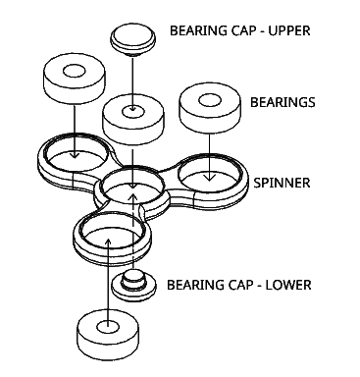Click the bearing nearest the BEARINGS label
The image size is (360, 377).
click(x=209, y=109)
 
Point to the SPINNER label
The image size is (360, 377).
click(x=282, y=184)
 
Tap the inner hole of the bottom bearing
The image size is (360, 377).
click(x=105, y=321)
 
